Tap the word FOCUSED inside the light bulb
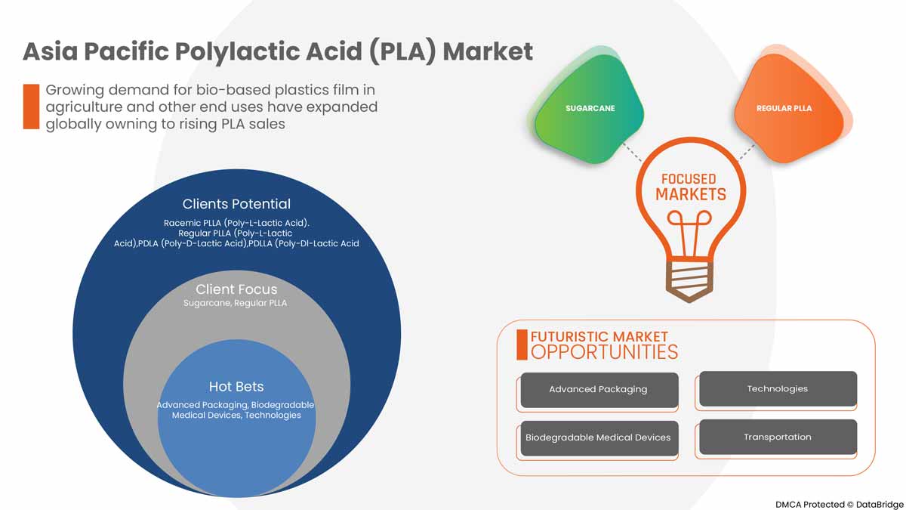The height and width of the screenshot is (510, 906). pos(688,179)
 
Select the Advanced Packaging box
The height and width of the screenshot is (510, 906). pos(598,390)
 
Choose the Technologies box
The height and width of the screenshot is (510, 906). pos(778,389)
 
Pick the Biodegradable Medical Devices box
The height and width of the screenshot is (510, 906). pos(598,437)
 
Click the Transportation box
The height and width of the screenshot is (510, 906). pos(778,437)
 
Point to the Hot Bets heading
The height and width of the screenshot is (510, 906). pos(236,387)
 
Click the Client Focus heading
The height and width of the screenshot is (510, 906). pos(236,289)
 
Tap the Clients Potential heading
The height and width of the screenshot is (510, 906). pos(236,204)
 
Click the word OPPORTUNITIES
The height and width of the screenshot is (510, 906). pos(604,352)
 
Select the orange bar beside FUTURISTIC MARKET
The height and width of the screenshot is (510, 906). pos(521,345)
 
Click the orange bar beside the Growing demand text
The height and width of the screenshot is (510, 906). pos(30,107)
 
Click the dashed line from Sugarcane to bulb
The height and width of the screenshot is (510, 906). pos(632,151)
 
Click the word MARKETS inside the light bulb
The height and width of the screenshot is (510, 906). pos(690,195)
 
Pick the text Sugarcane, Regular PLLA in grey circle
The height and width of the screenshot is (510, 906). pos(235,303)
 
